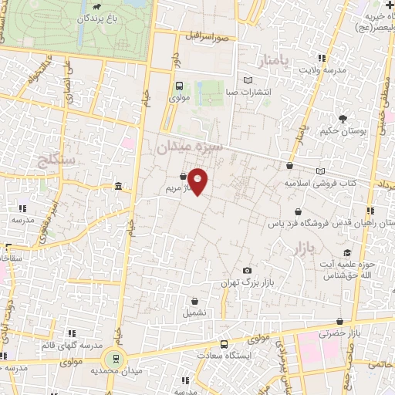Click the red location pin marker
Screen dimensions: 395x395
198,181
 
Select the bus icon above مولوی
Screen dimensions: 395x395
179,86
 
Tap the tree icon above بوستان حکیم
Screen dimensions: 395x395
343,118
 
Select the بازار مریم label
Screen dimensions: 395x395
173,187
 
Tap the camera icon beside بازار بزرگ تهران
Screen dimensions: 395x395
247,271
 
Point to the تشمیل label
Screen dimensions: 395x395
194,313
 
